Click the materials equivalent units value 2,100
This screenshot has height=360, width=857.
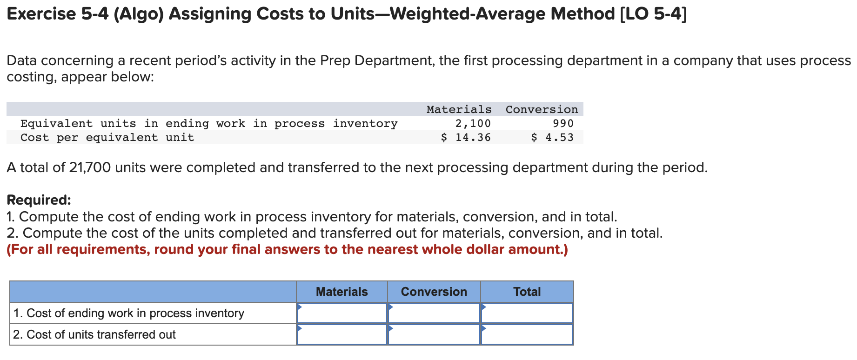point(473,123)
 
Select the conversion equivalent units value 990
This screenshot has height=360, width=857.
point(563,123)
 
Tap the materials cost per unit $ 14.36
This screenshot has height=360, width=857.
point(466,137)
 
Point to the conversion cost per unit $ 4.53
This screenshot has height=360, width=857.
point(553,137)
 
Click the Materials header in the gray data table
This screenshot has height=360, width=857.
point(459,109)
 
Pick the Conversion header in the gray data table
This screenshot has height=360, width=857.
point(542,109)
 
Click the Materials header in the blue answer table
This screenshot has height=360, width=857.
point(341,292)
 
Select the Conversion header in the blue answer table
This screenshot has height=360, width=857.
point(434,292)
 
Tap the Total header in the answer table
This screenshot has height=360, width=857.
point(527,292)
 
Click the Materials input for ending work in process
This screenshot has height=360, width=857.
point(342,313)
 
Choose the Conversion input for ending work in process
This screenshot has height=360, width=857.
point(434,313)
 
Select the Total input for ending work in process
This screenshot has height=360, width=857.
point(527,313)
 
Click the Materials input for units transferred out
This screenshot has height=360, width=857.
point(342,334)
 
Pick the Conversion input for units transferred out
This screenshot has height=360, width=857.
point(434,334)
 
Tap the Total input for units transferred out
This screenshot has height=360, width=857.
point(527,334)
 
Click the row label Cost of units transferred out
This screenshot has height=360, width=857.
point(94,334)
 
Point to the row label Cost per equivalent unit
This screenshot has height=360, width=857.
point(107,137)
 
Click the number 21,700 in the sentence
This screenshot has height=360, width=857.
point(90,167)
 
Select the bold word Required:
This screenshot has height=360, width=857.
point(39,200)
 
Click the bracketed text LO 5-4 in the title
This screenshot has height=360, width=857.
point(653,14)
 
